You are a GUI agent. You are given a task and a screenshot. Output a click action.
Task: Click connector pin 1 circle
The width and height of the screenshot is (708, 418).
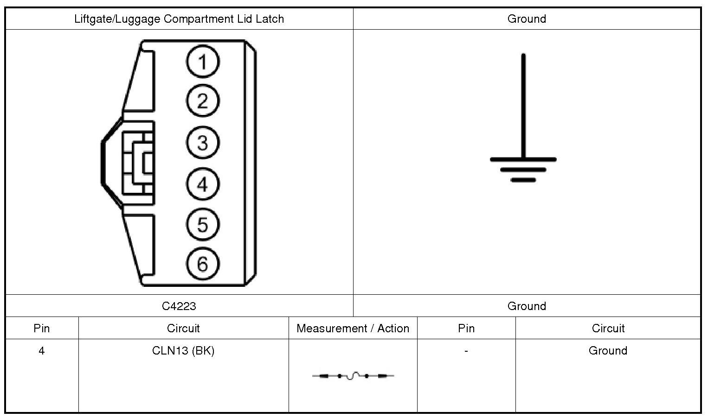tap(203, 61)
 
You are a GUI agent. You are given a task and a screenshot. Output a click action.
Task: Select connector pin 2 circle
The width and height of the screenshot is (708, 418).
tap(203, 101)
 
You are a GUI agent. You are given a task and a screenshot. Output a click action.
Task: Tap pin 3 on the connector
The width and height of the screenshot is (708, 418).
tap(203, 142)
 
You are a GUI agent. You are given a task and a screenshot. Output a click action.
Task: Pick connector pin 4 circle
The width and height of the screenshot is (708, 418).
tap(203, 184)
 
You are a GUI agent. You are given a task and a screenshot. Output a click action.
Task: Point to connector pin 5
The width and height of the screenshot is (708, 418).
tap(203, 225)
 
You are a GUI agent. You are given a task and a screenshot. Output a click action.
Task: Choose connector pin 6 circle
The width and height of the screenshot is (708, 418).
tap(203, 264)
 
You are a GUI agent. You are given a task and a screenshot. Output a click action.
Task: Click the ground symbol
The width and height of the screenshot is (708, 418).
tap(523, 139)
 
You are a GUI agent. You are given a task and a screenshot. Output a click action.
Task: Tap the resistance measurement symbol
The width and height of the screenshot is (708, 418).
tap(353, 376)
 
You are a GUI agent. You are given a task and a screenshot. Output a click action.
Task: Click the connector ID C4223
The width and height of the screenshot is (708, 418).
tap(179, 306)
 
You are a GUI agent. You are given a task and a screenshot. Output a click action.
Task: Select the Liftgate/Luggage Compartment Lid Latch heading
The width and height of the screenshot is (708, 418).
tap(179, 19)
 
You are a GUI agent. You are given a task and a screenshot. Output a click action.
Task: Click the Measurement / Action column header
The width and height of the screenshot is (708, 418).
tap(353, 329)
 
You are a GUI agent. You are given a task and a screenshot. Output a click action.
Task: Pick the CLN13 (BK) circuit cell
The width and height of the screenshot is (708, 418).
tap(183, 351)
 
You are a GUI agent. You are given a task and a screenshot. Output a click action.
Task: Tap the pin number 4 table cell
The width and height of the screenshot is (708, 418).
tap(42, 351)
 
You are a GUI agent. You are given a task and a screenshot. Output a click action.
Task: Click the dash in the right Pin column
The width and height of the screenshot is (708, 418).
tap(466, 351)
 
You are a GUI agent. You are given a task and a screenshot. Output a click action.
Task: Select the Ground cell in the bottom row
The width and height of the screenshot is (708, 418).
tap(608, 351)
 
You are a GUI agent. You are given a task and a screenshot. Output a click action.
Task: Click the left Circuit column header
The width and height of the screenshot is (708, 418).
tap(183, 329)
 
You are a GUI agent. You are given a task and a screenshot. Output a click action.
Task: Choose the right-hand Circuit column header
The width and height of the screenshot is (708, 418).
tap(608, 329)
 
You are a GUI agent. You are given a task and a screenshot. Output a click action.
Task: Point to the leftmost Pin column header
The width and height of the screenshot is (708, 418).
tap(42, 329)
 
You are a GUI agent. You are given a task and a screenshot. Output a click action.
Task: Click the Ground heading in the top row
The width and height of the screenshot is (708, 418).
tap(527, 19)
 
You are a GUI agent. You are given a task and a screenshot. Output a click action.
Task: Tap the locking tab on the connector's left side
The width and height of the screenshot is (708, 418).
tap(135, 162)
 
